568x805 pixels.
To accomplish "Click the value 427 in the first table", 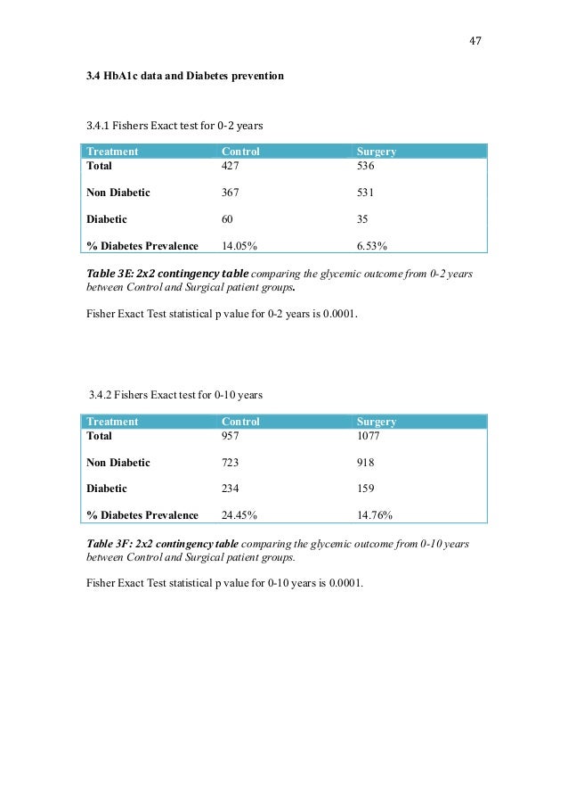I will click(x=231, y=165).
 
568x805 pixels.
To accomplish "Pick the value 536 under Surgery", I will click(x=366, y=165).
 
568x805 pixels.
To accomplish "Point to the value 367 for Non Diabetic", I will click(x=231, y=192).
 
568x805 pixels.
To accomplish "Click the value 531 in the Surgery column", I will click(x=366, y=192).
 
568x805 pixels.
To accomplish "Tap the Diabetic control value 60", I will click(x=227, y=218).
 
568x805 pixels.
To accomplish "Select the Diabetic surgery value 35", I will click(x=362, y=218).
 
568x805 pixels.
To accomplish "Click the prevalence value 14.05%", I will click(x=239, y=245).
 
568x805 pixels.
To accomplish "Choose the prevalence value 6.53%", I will click(x=371, y=245).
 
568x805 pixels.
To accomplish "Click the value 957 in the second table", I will click(x=231, y=438).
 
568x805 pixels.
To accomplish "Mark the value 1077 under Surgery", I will click(x=369, y=438).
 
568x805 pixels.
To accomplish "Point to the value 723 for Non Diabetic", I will click(x=231, y=463).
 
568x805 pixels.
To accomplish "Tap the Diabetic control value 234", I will click(x=231, y=489).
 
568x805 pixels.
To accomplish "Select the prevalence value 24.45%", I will click(x=239, y=514).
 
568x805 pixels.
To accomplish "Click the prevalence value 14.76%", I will click(x=375, y=514).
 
